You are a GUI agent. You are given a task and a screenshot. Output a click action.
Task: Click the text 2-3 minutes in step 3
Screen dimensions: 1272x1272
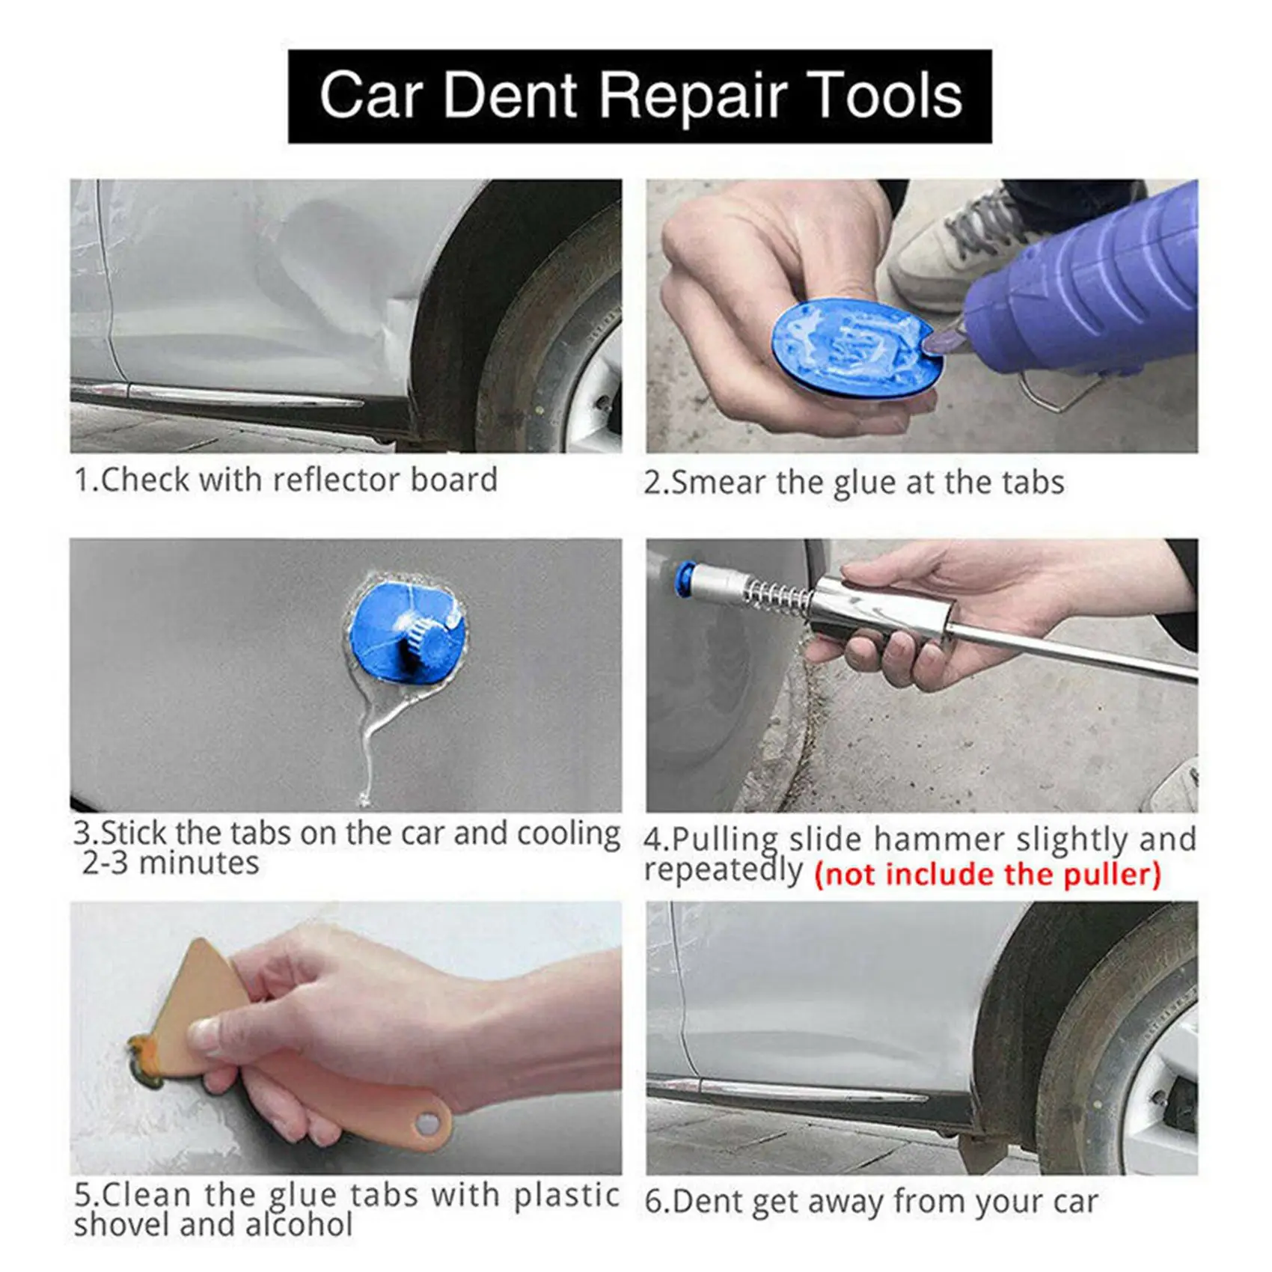pyautogui.click(x=171, y=863)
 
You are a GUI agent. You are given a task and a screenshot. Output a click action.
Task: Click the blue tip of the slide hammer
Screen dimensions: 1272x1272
pyautogui.click(x=683, y=580)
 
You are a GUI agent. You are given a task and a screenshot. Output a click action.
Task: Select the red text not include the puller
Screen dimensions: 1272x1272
pyautogui.click(x=988, y=874)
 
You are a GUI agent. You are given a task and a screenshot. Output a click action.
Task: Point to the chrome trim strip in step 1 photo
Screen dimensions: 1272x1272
pyautogui.click(x=239, y=394)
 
